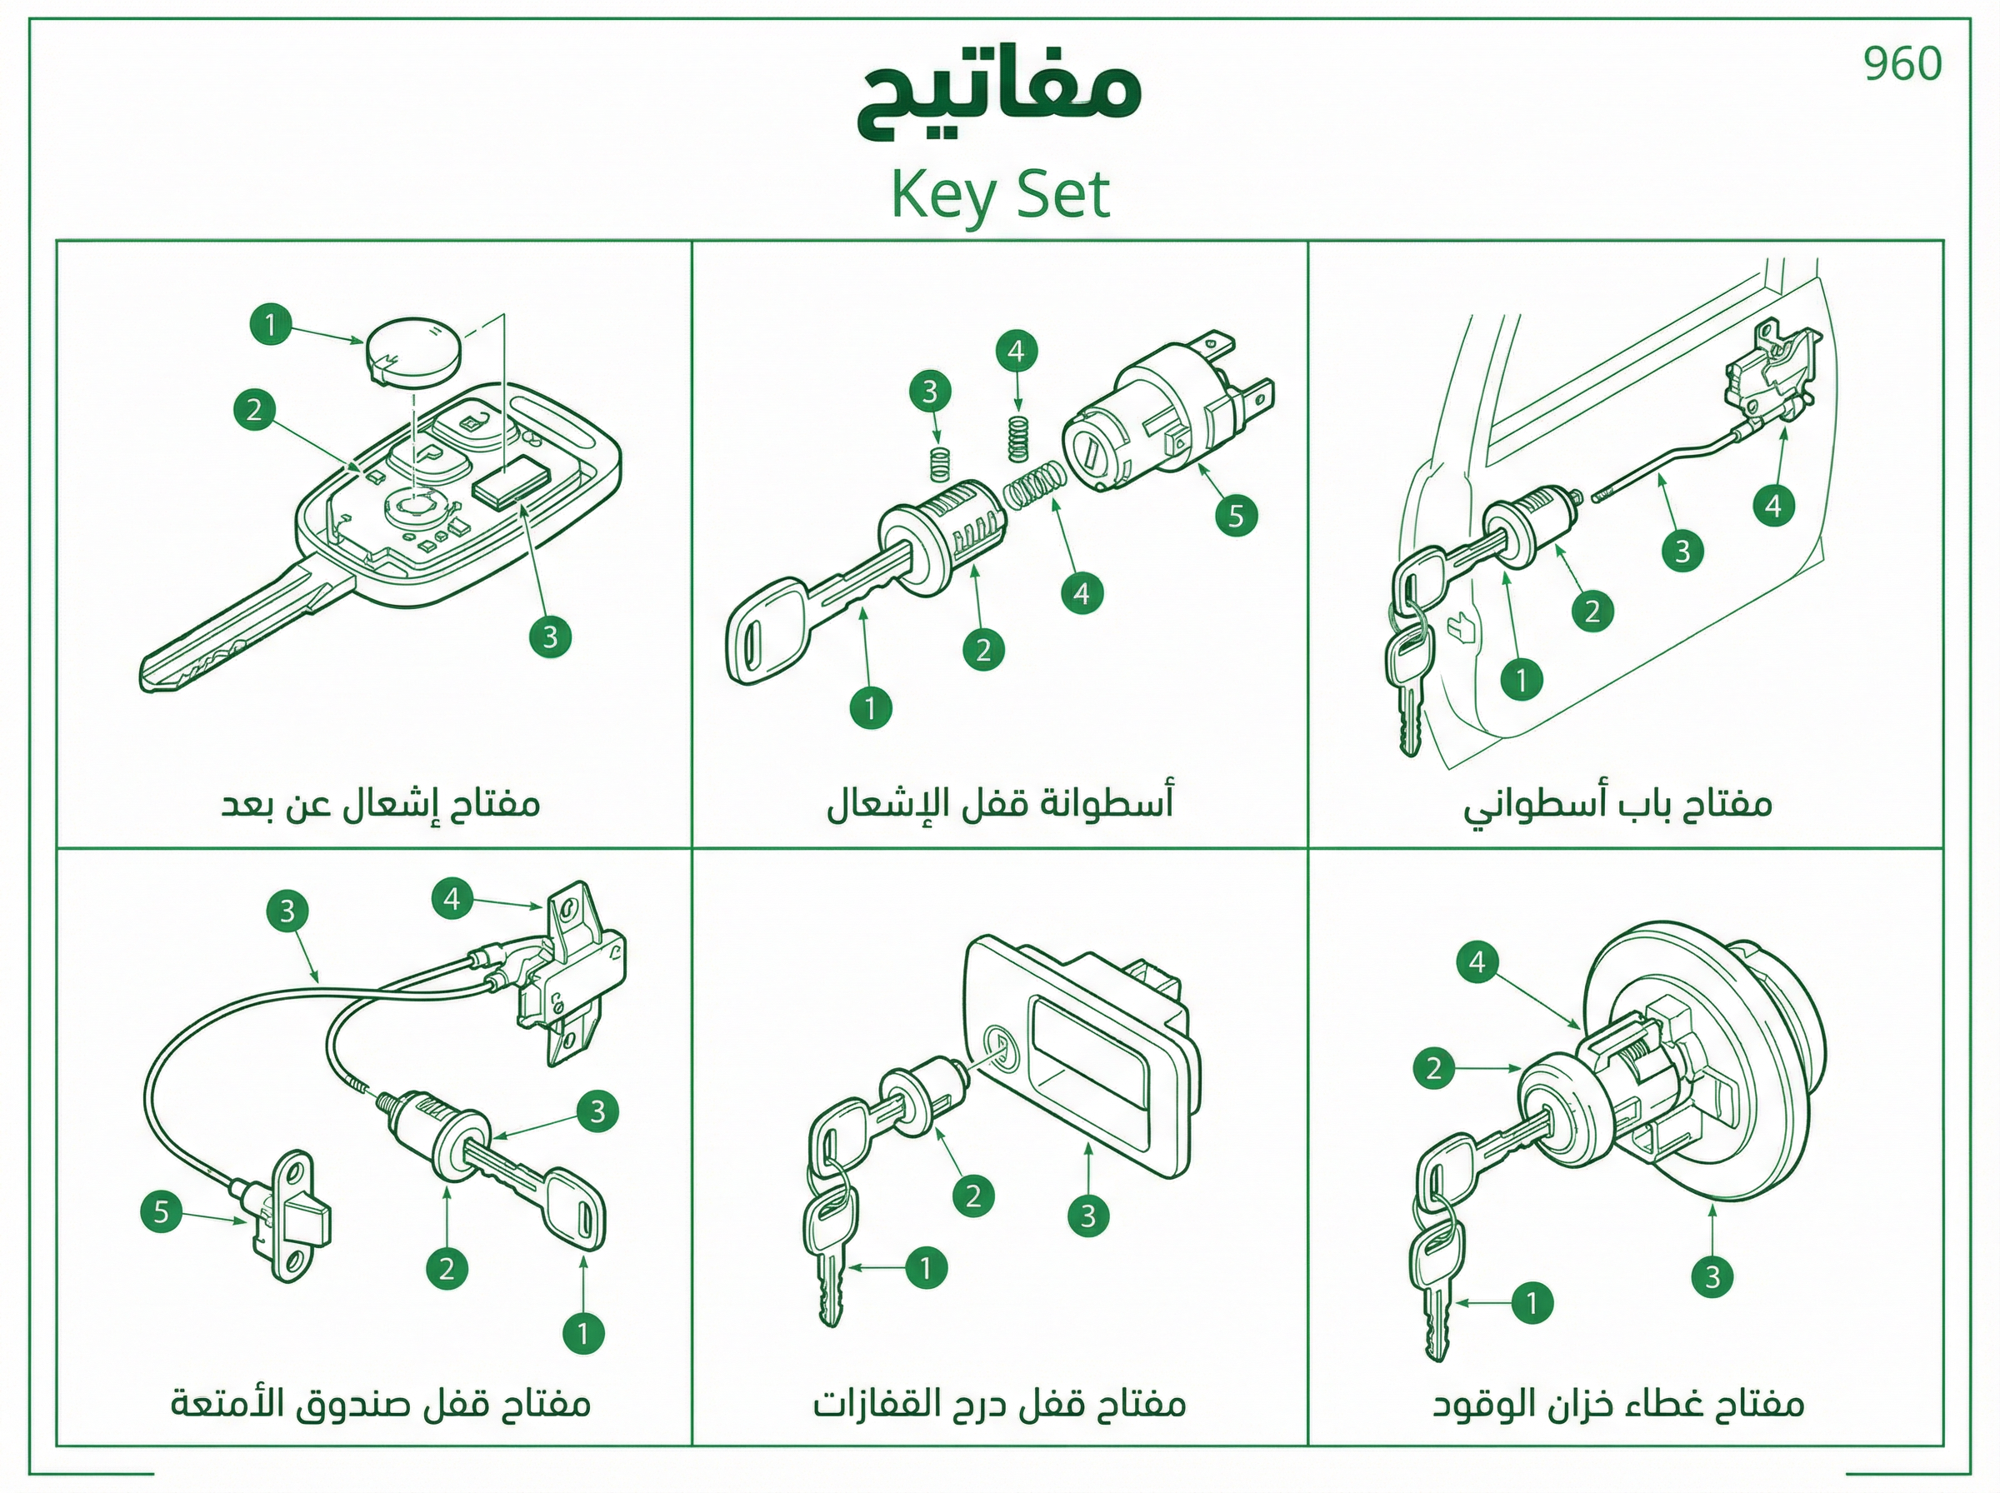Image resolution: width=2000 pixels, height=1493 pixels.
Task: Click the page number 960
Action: (1902, 64)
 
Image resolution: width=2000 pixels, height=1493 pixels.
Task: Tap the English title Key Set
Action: (999, 194)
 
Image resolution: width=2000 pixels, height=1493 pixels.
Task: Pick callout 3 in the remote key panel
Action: (550, 637)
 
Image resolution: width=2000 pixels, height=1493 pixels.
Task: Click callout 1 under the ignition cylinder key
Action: (870, 707)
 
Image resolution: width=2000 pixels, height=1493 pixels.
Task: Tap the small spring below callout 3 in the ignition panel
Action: (941, 465)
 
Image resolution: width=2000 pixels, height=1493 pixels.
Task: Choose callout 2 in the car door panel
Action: (1592, 611)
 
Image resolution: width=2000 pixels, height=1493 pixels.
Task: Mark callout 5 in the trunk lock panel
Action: (162, 1211)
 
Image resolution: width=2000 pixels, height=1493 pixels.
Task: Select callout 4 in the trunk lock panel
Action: (452, 898)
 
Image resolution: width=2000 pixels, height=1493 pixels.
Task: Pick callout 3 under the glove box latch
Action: (1087, 1216)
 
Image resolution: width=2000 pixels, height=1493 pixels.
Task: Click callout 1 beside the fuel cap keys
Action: (1531, 1302)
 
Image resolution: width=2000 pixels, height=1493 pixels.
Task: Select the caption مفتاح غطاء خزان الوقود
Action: (1617, 1404)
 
